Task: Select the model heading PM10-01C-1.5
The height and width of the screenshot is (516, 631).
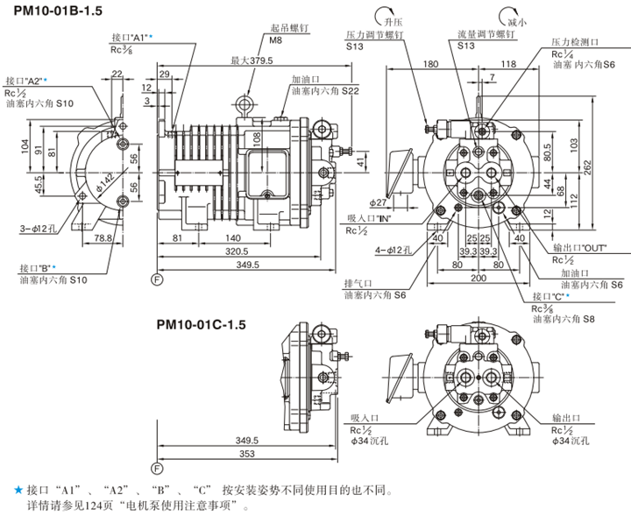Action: [202, 324]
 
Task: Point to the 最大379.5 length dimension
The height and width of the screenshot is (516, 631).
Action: [252, 60]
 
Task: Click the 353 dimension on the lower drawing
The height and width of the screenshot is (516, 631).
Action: [248, 456]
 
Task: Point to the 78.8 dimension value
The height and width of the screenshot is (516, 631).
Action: [102, 237]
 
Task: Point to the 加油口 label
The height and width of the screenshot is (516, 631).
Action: [304, 78]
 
